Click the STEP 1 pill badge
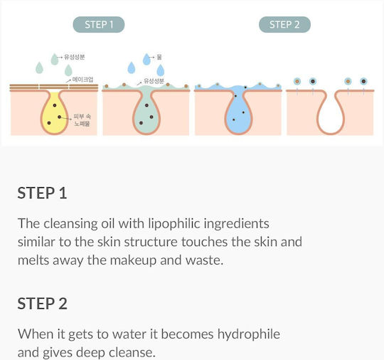pyautogui.click(x=99, y=24)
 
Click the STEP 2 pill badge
pyautogui.click(x=284, y=24)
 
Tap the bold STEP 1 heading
pyautogui.click(x=42, y=193)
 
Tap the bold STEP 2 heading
pyautogui.click(x=42, y=303)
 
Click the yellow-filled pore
pyautogui.click(x=54, y=112)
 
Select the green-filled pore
pyautogui.click(x=146, y=112)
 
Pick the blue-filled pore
pyautogui.click(x=238, y=112)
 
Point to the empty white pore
pyautogui.click(x=331, y=112)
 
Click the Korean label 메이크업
pyautogui.click(x=82, y=80)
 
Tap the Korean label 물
pyautogui.click(x=159, y=57)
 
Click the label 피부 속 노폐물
pyautogui.click(x=82, y=120)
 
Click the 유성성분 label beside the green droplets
pyautogui.click(x=75, y=57)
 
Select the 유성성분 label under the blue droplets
pyautogui.click(x=154, y=81)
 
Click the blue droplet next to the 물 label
pyautogui.click(x=146, y=59)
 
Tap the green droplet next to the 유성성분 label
pyautogui.click(x=55, y=59)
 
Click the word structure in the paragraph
pyautogui.click(x=151, y=242)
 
